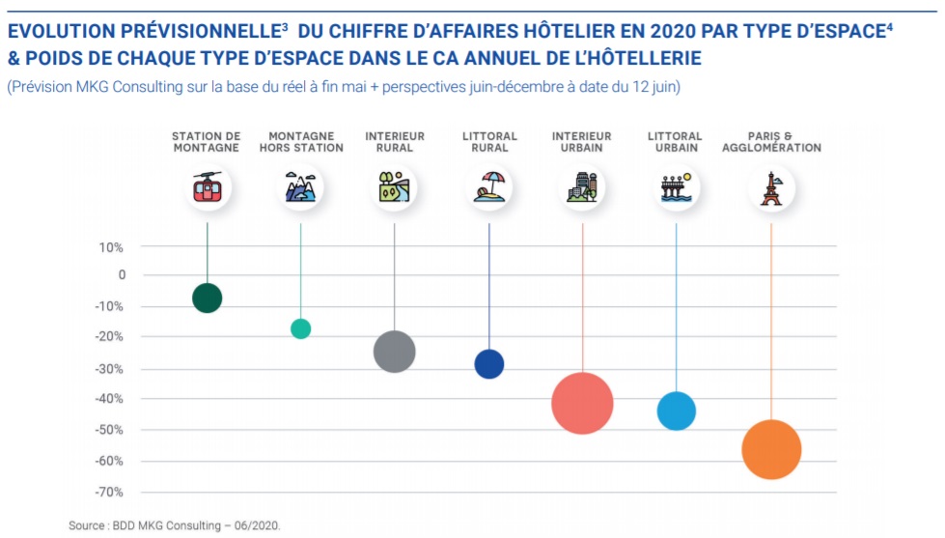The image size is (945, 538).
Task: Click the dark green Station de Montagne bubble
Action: pos(207,297)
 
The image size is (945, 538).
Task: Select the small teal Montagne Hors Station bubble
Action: pos(300,328)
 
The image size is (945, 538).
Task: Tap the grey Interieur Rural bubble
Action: pos(394,352)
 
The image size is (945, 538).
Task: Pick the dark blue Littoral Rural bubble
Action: pos(488,364)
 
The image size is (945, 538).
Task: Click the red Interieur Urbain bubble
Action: pos(582,403)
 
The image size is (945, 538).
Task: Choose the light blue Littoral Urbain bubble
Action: pos(676,411)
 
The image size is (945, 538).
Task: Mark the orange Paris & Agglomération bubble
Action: pos(771,450)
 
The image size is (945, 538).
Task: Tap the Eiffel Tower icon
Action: pos(771,187)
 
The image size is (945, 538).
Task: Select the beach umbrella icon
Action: pos(488,187)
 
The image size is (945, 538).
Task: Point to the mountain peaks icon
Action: pos(300,187)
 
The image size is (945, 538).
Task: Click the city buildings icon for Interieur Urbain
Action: pos(582,187)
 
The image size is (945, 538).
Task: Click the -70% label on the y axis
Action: pos(109,492)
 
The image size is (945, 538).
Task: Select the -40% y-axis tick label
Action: pos(109,398)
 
